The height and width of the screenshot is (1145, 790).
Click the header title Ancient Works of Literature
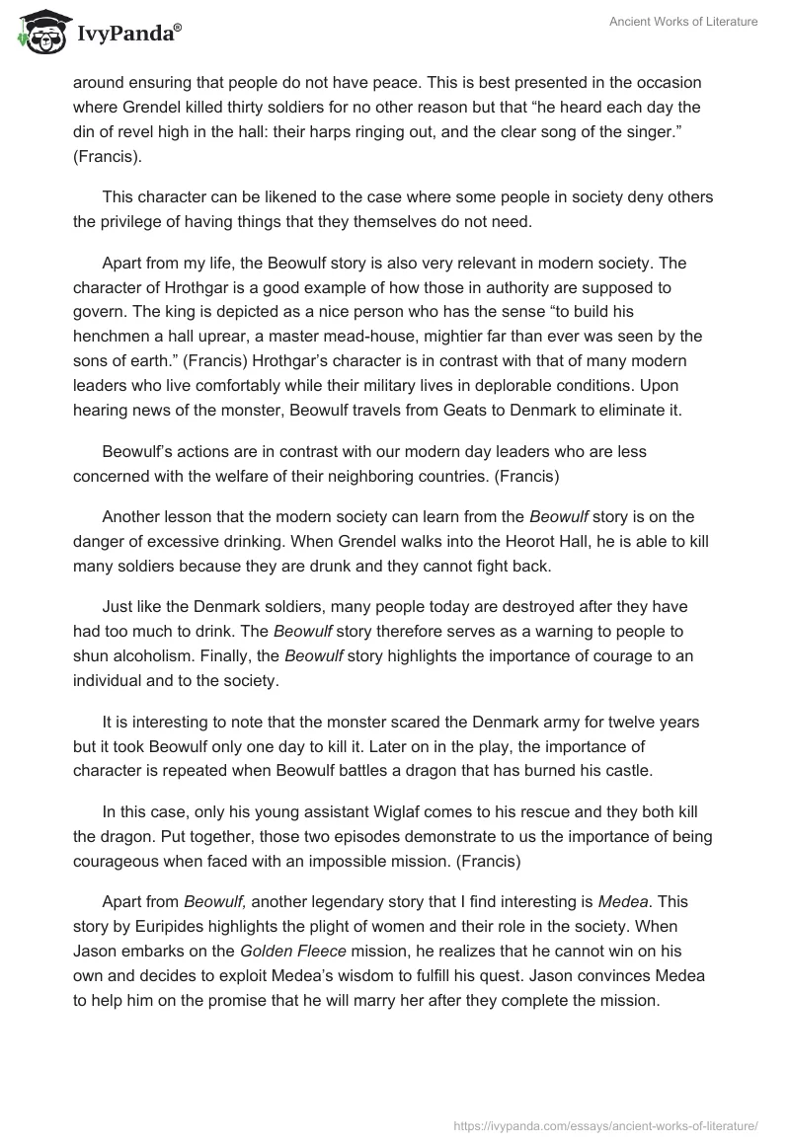tap(683, 22)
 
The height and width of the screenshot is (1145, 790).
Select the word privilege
tap(135, 221)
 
